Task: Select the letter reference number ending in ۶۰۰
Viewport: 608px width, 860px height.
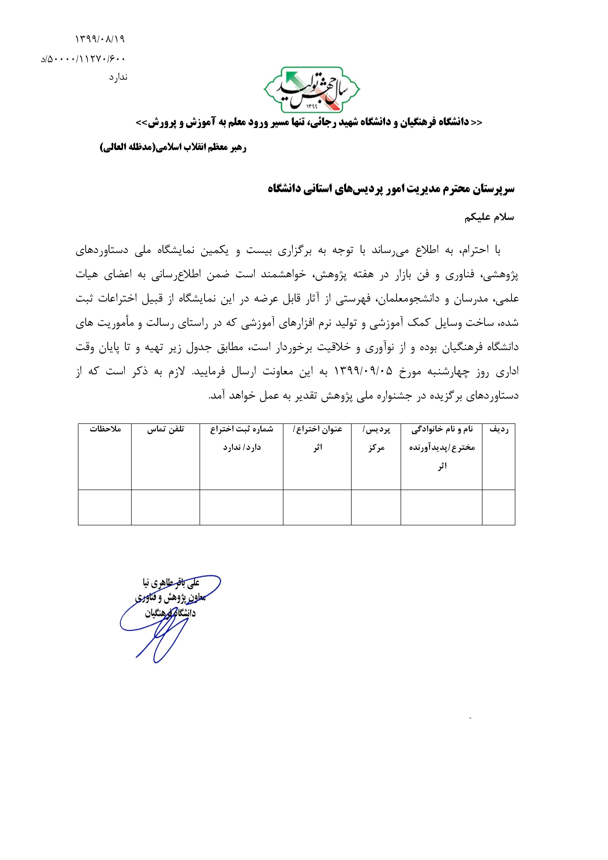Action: [x=83, y=59]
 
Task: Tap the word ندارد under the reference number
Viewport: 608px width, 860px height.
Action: [x=118, y=77]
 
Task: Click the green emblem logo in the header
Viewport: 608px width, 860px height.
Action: [x=312, y=90]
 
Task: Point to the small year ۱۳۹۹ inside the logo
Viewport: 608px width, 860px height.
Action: [x=311, y=106]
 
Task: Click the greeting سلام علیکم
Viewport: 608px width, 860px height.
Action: [x=489, y=218]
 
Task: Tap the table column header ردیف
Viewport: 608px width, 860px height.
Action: [x=499, y=429]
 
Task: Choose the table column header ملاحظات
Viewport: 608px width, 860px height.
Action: [x=105, y=429]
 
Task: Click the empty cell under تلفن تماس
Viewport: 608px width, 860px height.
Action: [x=165, y=507]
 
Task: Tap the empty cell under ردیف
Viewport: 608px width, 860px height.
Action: [x=499, y=507]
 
